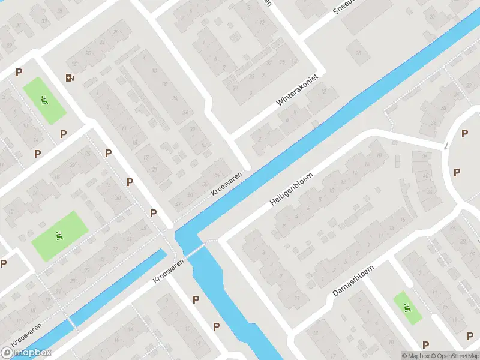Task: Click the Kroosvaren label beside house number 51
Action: point(226,184)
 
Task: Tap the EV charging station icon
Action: point(70,77)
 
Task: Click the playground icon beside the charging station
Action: point(44,100)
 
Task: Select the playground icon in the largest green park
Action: point(59,236)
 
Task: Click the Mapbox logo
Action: point(26,353)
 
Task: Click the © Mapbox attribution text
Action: point(415,356)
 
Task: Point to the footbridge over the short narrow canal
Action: point(73,324)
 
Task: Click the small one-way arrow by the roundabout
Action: point(446,145)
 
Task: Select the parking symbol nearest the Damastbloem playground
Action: point(425,344)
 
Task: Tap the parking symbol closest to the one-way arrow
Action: point(464,134)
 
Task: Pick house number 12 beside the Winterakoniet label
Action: point(324,91)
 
